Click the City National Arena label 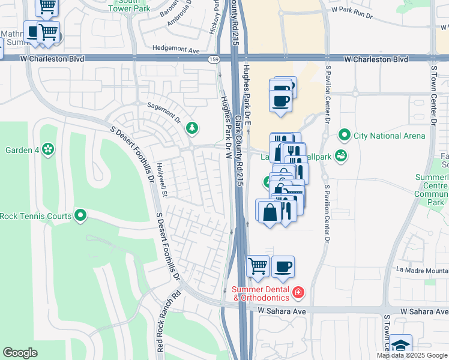[389, 136]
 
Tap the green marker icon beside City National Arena [344, 135]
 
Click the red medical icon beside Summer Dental [298, 293]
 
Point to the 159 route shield [214, 59]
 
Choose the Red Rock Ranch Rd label [160, 330]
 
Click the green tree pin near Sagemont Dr [191, 127]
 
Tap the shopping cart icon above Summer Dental [258, 265]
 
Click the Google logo [20, 353]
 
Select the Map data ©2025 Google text [411, 355]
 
